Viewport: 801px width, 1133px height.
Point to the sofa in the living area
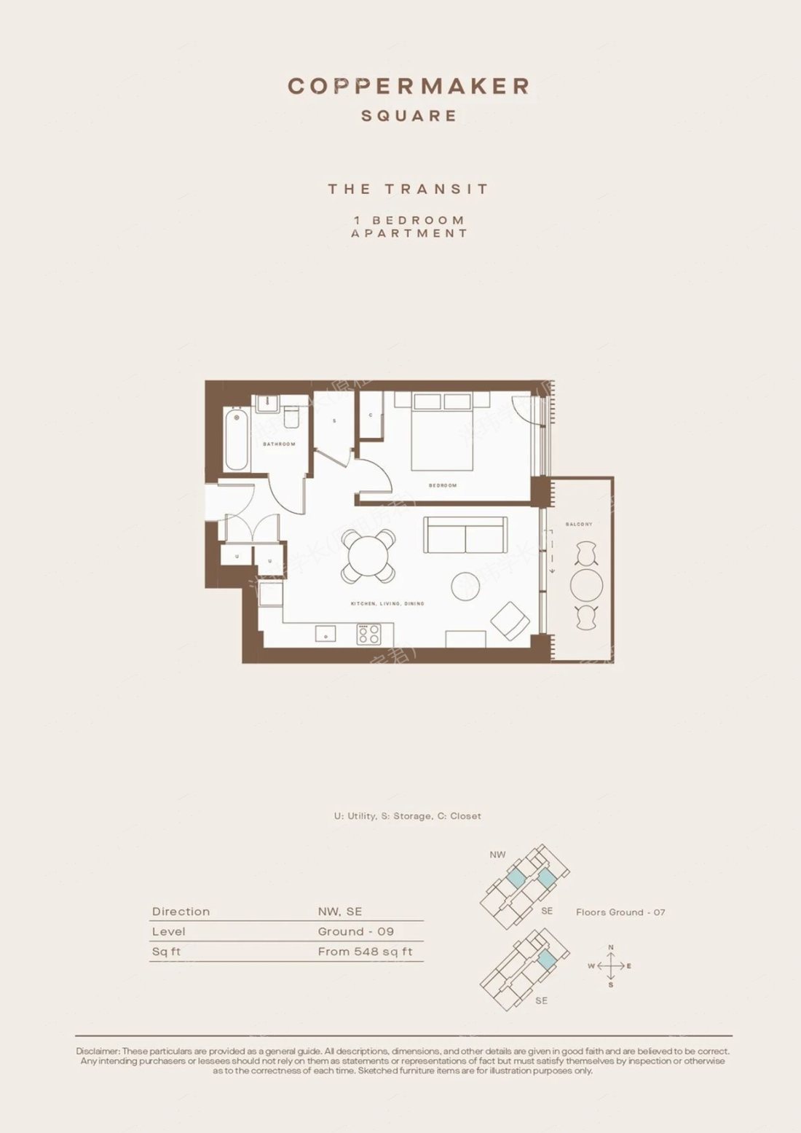(465, 535)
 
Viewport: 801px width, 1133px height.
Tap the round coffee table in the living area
(465, 586)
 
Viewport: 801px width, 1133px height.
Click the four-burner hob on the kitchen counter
(368, 634)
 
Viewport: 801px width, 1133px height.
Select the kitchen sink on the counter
(325, 634)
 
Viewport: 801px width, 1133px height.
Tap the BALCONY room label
(579, 524)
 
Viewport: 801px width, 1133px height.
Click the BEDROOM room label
(442, 485)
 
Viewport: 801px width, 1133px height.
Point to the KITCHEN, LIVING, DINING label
(387, 604)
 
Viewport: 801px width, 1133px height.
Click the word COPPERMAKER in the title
(409, 86)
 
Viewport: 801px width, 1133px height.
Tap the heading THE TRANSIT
(409, 189)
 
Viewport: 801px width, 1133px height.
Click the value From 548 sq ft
(365, 952)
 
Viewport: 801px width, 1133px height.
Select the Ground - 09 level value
(355, 932)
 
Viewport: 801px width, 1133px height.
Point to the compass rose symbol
(610, 966)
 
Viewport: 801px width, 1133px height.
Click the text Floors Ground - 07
(620, 912)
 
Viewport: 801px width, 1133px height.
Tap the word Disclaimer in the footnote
(98, 1051)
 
